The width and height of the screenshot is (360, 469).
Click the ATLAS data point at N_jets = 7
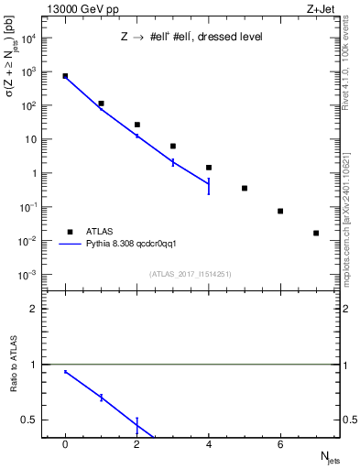click(316, 234)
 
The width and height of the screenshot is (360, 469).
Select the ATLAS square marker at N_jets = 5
click(245, 188)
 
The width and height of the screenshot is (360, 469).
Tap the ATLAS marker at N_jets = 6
click(280, 211)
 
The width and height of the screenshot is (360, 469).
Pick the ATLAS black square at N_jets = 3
click(173, 146)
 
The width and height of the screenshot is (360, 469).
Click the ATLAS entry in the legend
click(100, 232)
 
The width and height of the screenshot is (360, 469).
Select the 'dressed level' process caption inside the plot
click(192, 38)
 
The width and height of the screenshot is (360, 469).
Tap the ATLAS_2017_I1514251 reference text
click(191, 273)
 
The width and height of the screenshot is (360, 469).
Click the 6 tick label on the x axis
click(280, 444)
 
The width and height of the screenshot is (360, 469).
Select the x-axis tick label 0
click(65, 444)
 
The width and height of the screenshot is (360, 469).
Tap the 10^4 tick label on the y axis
click(27, 38)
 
